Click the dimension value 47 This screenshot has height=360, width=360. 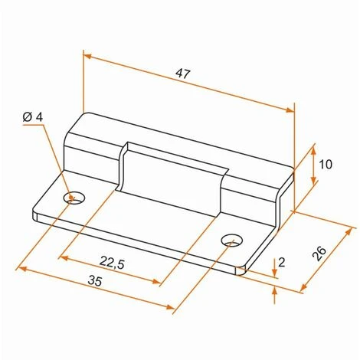tap(183, 74)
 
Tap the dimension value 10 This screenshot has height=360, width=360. tap(326, 165)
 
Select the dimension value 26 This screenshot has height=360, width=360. tap(319, 254)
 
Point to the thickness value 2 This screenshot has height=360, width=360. tap(281, 263)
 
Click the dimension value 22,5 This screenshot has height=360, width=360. tap(112, 263)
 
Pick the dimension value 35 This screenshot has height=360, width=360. tap(95, 281)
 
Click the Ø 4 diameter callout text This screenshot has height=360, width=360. tap(33, 117)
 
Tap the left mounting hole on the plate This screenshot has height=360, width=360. tap(74, 198)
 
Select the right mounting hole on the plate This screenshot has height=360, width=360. tap(232, 240)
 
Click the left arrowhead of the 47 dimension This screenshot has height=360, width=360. tap(87, 56)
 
